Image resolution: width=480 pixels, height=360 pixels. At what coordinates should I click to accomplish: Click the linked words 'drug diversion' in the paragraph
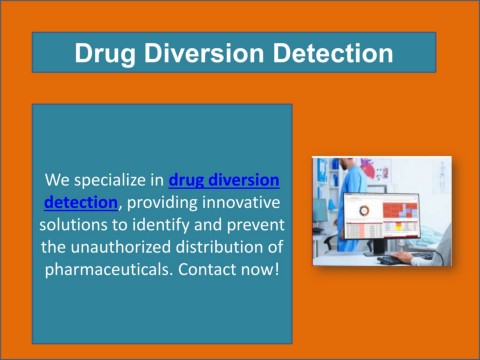click(224, 180)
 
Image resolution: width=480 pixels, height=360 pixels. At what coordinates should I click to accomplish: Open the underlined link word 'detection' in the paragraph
click(80, 202)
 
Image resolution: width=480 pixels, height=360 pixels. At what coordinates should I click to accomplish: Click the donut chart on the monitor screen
click(364, 211)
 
